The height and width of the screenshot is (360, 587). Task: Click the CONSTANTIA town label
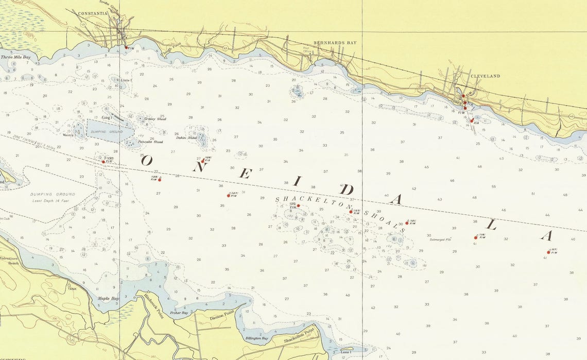pos(93,13)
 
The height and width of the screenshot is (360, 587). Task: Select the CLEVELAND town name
pos(485,76)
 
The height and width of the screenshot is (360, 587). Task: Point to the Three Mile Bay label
pos(15,57)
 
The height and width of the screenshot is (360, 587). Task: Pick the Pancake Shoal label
pos(151,142)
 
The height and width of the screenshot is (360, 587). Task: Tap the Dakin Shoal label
pos(186,138)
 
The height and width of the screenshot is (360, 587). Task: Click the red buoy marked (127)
pos(229,196)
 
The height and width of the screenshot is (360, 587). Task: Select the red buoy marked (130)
pos(103,162)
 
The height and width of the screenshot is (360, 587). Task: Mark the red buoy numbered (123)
pos(351,212)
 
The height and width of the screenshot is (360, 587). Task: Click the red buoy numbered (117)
pos(549,252)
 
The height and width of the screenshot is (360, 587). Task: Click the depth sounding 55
pos(493,186)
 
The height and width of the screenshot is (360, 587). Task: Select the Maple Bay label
pos(108,299)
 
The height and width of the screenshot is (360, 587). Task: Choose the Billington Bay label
pos(257,338)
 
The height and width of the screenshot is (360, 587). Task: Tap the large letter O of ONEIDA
pos(147,160)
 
